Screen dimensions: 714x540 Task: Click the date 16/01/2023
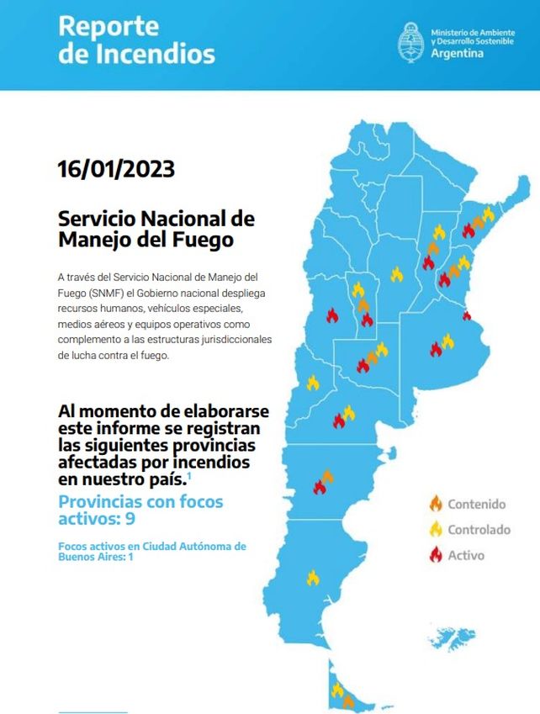click(x=116, y=169)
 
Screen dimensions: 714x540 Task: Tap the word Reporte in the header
click(x=109, y=26)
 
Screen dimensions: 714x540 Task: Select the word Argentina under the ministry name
click(x=457, y=53)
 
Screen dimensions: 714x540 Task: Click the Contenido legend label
click(x=477, y=505)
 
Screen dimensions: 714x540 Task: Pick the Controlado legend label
click(x=479, y=530)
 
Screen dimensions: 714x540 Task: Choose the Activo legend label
click(x=466, y=555)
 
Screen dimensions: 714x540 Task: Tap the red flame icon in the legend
click(x=436, y=554)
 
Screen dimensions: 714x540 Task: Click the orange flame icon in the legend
click(x=436, y=504)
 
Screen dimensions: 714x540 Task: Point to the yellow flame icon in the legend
click(x=436, y=529)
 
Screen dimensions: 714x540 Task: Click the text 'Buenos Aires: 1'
click(x=95, y=557)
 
